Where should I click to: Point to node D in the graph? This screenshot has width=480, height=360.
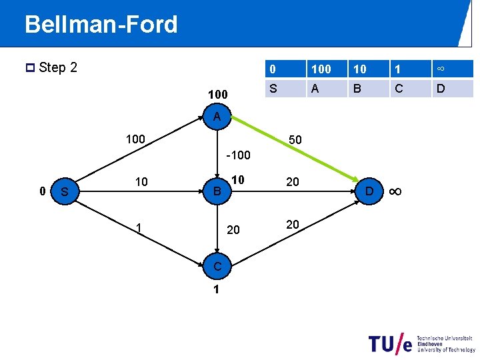(x=368, y=192)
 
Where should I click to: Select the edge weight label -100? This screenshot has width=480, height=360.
(x=238, y=155)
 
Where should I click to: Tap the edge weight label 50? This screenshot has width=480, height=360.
(x=295, y=141)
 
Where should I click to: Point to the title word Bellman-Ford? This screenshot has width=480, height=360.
(x=101, y=25)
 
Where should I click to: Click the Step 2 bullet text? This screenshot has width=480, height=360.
(x=57, y=67)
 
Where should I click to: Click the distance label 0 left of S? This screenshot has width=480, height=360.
(x=42, y=191)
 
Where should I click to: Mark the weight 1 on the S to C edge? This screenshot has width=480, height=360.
(x=138, y=229)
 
